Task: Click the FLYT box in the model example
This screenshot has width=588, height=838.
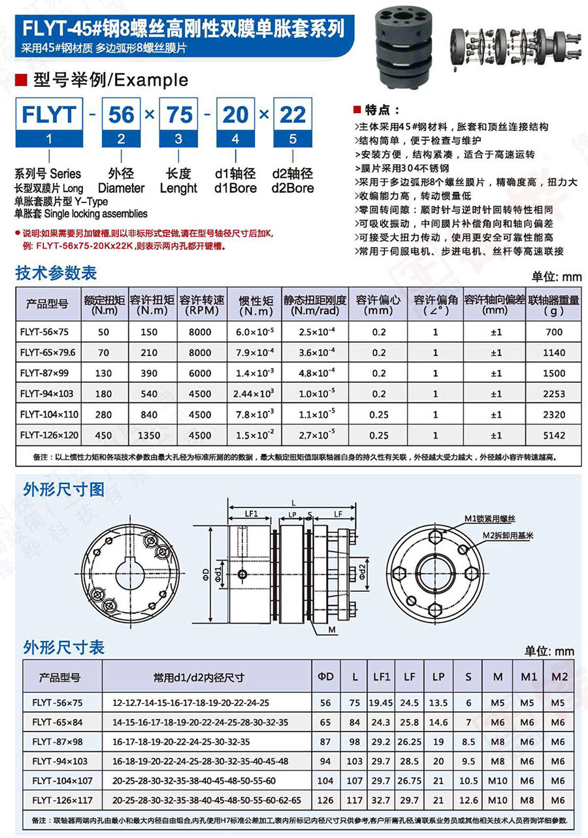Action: pos(49,115)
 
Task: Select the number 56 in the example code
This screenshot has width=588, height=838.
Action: pos(122,115)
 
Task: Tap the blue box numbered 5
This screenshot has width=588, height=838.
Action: pos(292,139)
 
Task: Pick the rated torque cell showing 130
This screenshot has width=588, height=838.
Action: pos(103,373)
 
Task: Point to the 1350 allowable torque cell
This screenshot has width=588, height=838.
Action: pos(149,435)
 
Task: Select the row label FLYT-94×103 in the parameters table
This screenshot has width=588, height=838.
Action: pos(48,394)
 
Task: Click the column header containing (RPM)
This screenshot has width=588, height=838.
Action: pos(200,304)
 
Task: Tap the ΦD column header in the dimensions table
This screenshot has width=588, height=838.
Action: pos(325,677)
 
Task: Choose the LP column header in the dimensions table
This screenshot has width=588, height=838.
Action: pos(438,677)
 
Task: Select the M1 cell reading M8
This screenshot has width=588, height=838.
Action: pos(527,800)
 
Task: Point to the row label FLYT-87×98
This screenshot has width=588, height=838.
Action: pos(57,742)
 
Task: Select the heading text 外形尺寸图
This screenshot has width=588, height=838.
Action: pos(63,489)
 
